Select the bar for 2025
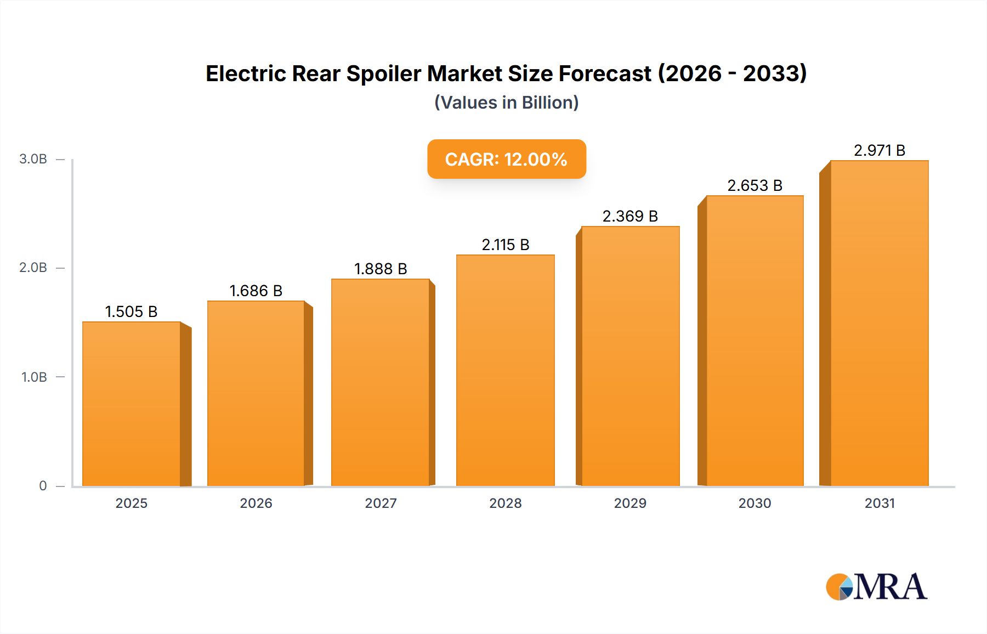(x=132, y=404)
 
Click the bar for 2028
(x=505, y=370)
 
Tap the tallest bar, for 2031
(x=879, y=323)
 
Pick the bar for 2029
(x=630, y=356)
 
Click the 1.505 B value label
(x=131, y=312)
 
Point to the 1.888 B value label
(x=381, y=269)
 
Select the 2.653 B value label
(x=755, y=185)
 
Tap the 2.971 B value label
(x=879, y=150)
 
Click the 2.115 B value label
(x=505, y=245)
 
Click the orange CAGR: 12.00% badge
(x=506, y=159)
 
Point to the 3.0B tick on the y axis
(x=33, y=159)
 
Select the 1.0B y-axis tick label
(x=34, y=377)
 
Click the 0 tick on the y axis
(x=43, y=486)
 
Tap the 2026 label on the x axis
(x=256, y=503)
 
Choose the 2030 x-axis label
(x=755, y=503)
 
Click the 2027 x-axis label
(x=381, y=503)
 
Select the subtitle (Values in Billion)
(x=506, y=103)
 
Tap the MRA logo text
(x=890, y=587)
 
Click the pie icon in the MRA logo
(x=839, y=587)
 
